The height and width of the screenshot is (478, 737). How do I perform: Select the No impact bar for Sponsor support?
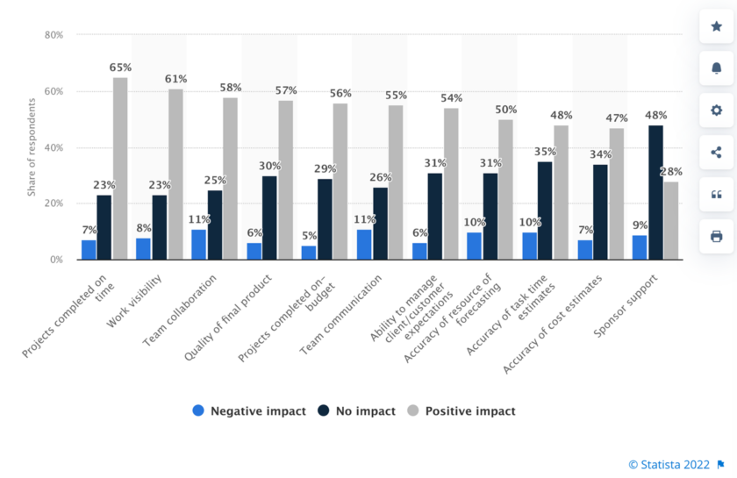655,192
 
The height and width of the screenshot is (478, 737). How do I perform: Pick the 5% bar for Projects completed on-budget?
309,253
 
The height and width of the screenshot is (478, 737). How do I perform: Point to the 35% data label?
545,151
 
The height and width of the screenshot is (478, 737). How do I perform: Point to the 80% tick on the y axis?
54,35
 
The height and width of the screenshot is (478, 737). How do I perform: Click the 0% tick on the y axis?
56,260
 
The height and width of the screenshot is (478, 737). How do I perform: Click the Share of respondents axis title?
32,147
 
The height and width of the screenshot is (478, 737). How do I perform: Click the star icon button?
716,26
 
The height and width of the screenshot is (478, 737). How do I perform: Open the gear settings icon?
716,111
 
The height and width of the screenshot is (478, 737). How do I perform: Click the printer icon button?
716,236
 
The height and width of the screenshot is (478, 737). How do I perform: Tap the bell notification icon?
716,68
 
